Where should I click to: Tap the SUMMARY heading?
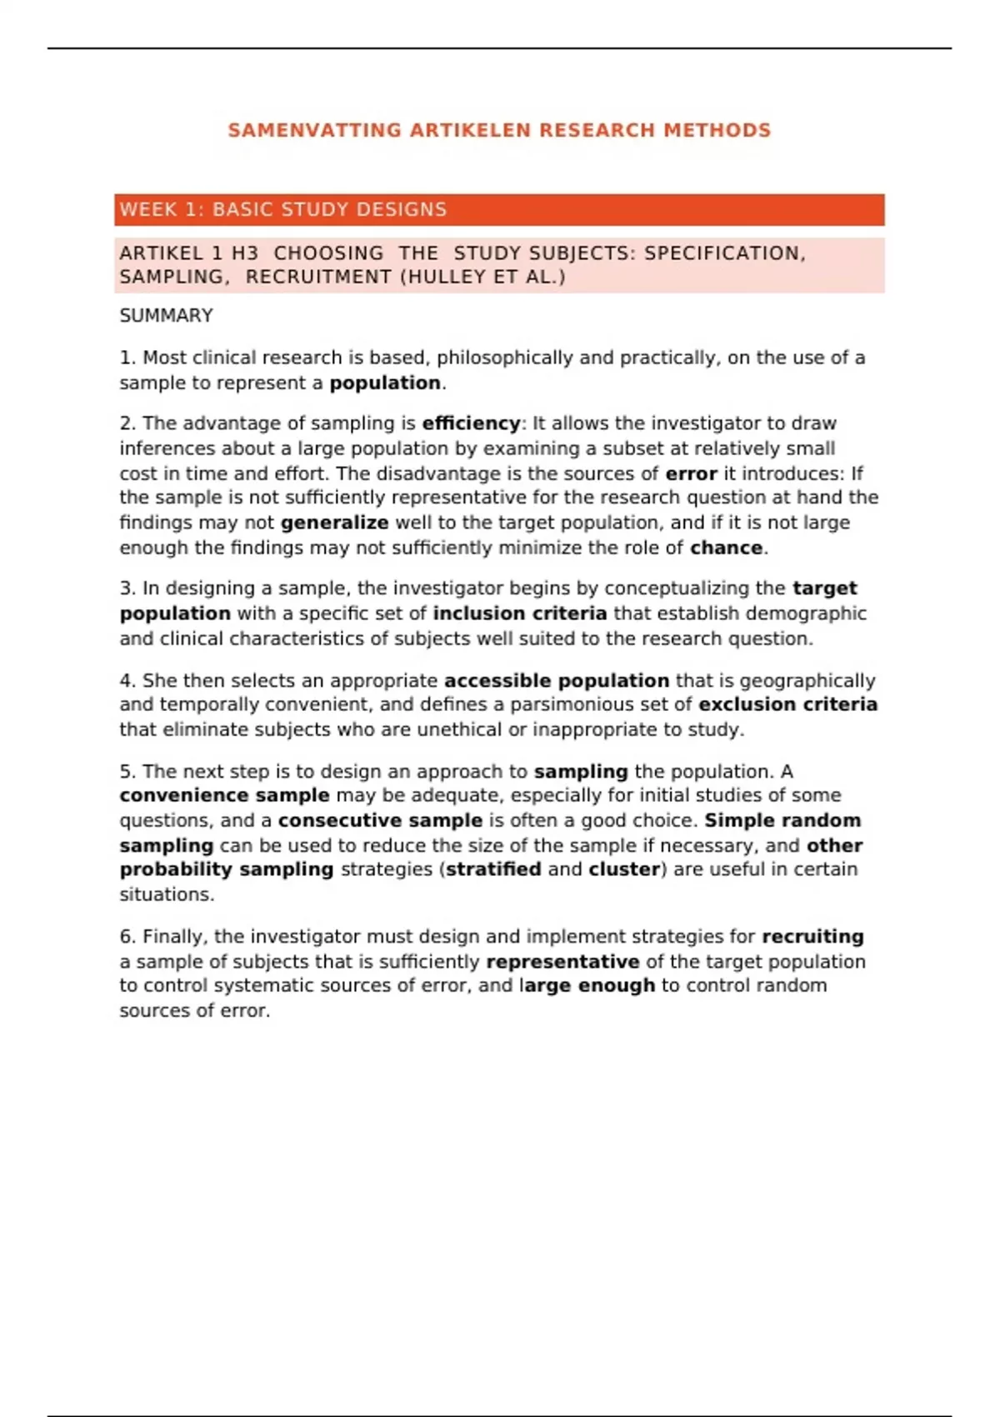pos(166,316)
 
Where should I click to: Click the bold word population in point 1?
pos(385,383)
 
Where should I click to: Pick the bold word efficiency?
pos(471,423)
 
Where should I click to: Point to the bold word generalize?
pos(334,523)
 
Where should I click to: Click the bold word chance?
pos(726,548)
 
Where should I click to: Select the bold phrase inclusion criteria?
pos(519,613)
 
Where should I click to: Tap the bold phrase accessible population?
pos(556,681)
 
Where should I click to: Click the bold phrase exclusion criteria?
pos(787,704)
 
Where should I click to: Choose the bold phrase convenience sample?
pos(224,795)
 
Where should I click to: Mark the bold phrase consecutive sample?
pos(380,820)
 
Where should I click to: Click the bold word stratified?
pos(493,869)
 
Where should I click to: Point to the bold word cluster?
pos(624,869)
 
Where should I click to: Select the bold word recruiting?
pos(812,937)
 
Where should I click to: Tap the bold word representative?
pos(562,962)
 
